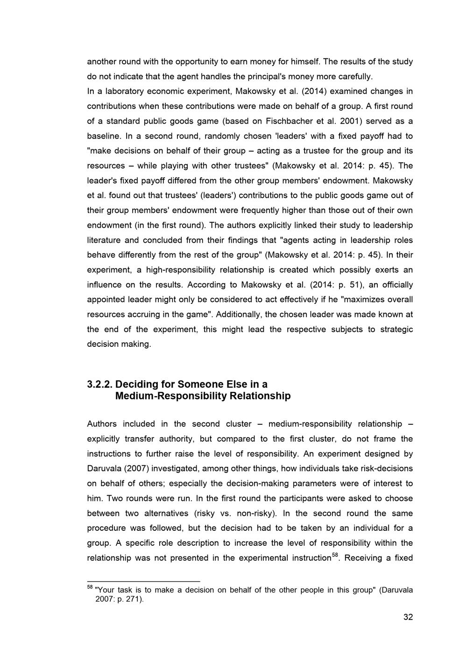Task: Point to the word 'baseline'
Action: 104,136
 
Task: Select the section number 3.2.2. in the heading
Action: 99,385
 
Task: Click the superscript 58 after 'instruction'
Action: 334,555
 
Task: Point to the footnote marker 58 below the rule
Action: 90,588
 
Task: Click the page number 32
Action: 408,618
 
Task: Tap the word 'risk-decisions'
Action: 387,469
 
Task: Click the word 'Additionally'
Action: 238,315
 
